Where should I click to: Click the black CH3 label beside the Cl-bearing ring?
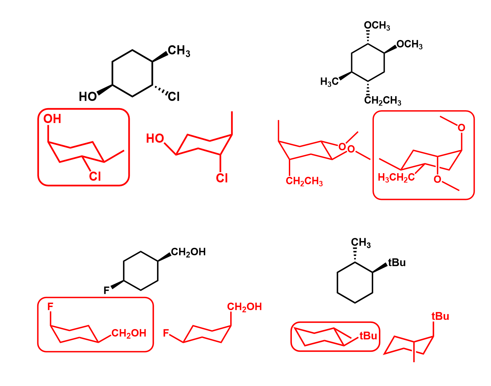[179, 51]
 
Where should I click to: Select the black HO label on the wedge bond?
[88, 97]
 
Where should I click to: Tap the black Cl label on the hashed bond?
[174, 97]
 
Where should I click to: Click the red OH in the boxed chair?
[52, 119]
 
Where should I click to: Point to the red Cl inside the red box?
[95, 177]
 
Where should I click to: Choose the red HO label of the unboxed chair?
[155, 139]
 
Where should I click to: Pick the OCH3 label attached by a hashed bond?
[377, 26]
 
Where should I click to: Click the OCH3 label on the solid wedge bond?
[409, 45]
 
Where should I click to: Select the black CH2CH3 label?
[383, 101]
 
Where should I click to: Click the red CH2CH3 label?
[304, 181]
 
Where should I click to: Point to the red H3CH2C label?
[396, 178]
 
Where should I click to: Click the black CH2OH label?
[188, 252]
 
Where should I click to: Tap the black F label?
[106, 290]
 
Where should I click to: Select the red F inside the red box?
[50, 307]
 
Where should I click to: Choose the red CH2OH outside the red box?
[244, 307]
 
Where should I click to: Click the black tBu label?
[397, 263]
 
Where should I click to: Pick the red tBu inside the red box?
[368, 336]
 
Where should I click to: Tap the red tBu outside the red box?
[440, 317]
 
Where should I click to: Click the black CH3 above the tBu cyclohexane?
[361, 243]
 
